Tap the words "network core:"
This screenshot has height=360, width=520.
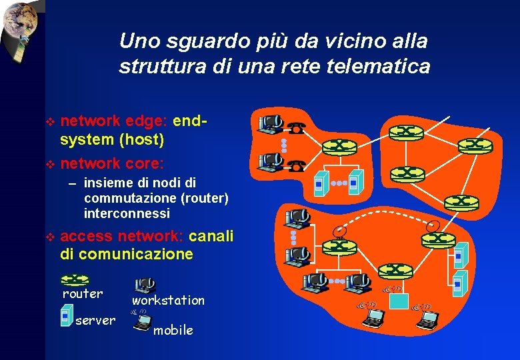(x=112, y=163)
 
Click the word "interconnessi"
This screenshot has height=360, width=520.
(x=127, y=214)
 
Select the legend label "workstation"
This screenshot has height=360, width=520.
(x=168, y=301)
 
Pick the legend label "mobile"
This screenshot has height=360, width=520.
(x=173, y=330)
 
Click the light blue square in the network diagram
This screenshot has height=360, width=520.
(x=399, y=300)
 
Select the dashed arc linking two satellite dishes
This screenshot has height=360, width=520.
(x=387, y=221)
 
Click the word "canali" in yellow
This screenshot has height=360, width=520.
(x=211, y=237)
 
